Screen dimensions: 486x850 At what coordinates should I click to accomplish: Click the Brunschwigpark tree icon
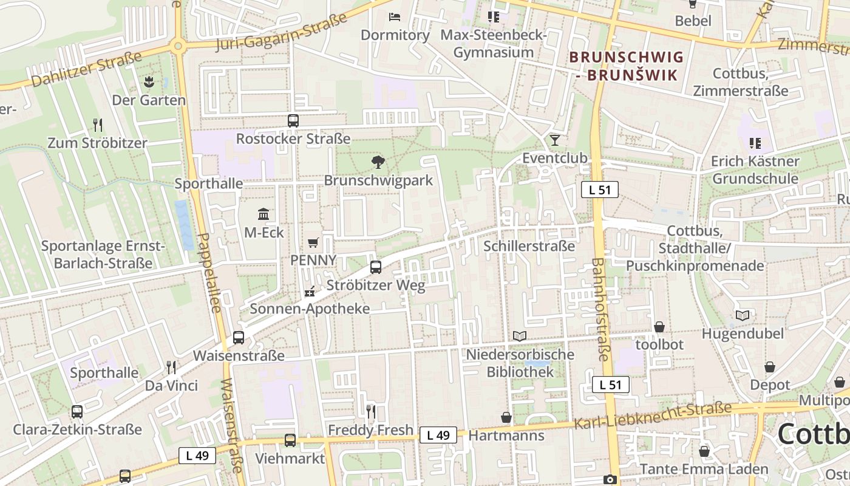point(378,162)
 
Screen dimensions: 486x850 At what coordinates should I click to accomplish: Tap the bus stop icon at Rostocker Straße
point(293,120)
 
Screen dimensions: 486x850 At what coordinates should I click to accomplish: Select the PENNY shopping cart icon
point(313,242)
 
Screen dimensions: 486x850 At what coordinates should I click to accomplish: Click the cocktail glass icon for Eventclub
point(554,140)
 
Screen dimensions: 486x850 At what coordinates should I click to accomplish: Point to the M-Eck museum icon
point(264,214)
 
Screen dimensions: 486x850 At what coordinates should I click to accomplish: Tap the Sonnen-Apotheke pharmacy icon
point(310,292)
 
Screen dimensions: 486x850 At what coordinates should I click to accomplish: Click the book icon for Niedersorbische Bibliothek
point(520,336)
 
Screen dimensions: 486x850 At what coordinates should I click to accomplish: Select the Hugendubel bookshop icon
point(743,315)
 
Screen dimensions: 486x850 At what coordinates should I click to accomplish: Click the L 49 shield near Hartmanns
point(438,435)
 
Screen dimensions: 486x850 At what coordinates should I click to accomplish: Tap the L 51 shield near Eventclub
point(599,190)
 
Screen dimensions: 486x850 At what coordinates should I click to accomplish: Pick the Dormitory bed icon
point(395,17)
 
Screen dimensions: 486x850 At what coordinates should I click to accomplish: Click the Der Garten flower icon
point(149,81)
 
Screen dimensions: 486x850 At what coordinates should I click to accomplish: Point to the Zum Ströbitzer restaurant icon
point(97,125)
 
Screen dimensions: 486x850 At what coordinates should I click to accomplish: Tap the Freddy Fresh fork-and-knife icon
point(371,411)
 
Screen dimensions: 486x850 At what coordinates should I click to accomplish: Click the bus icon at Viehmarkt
point(290,440)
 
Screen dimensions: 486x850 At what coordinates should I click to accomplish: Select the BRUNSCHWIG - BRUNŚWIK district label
point(627,66)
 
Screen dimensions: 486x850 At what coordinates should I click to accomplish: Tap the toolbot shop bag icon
point(659,327)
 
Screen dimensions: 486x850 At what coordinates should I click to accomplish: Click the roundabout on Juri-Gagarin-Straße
point(177,46)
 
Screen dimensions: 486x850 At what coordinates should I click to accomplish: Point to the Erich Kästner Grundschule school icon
point(755,143)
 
